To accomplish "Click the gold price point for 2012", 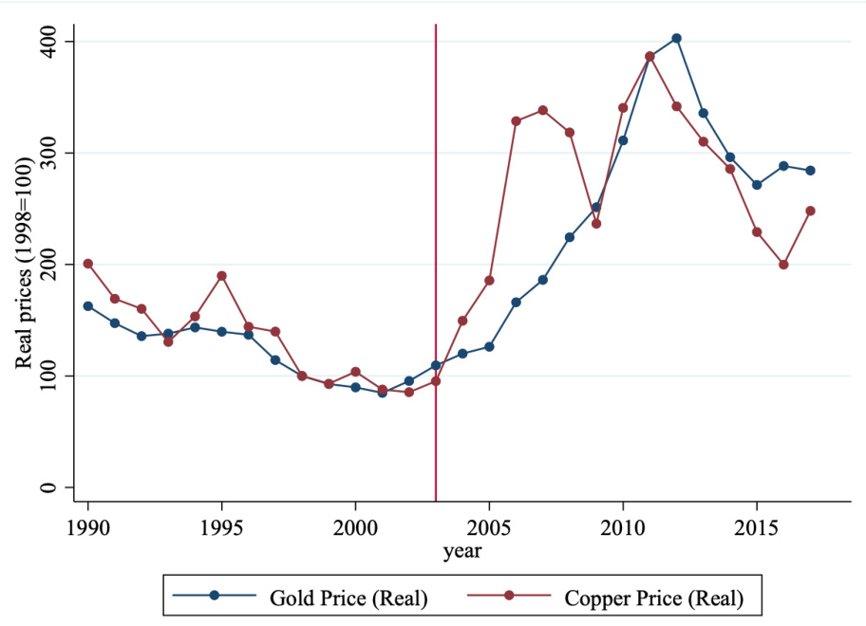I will [x=676, y=39].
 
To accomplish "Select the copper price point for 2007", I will [x=542, y=110].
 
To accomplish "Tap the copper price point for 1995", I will [x=221, y=276].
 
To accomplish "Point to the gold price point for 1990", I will [x=88, y=306].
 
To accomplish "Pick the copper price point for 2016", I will [x=783, y=265].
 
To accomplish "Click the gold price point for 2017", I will [x=810, y=171].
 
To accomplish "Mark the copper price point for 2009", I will [x=596, y=224].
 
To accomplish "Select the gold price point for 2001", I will [x=382, y=392].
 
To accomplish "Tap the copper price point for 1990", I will [x=88, y=264].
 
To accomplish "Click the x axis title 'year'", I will [x=462, y=551].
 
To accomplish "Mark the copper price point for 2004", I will [x=462, y=321].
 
